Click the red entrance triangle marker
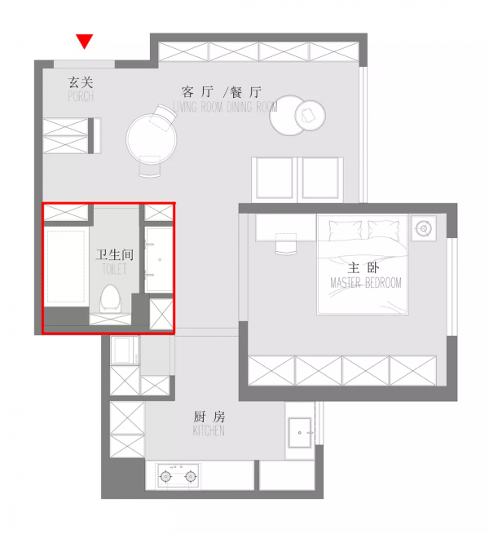(x=84, y=41)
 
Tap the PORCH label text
(x=80, y=97)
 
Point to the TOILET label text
(x=113, y=268)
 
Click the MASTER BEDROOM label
(x=365, y=283)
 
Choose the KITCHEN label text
(x=209, y=430)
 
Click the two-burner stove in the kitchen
(x=178, y=475)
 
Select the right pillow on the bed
(x=385, y=230)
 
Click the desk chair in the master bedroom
(x=286, y=243)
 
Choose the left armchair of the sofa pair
(x=275, y=177)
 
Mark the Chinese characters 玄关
(x=80, y=82)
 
